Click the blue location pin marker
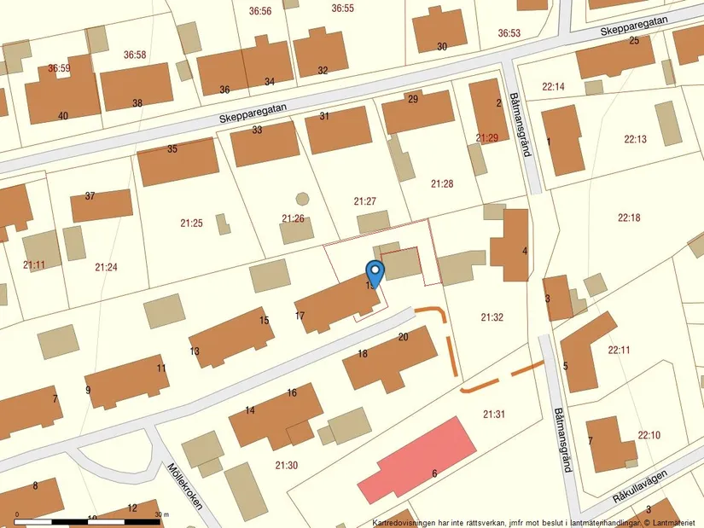click(375, 270)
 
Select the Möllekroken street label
click(185, 486)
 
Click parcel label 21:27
click(365, 201)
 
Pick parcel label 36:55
click(343, 8)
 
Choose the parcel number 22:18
click(629, 218)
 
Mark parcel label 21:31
click(494, 415)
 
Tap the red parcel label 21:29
click(487, 137)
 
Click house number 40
click(62, 115)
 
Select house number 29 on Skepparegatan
click(413, 100)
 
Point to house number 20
click(404, 337)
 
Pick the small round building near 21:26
click(302, 199)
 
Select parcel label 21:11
click(34, 265)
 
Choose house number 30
click(441, 46)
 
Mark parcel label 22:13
click(636, 139)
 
